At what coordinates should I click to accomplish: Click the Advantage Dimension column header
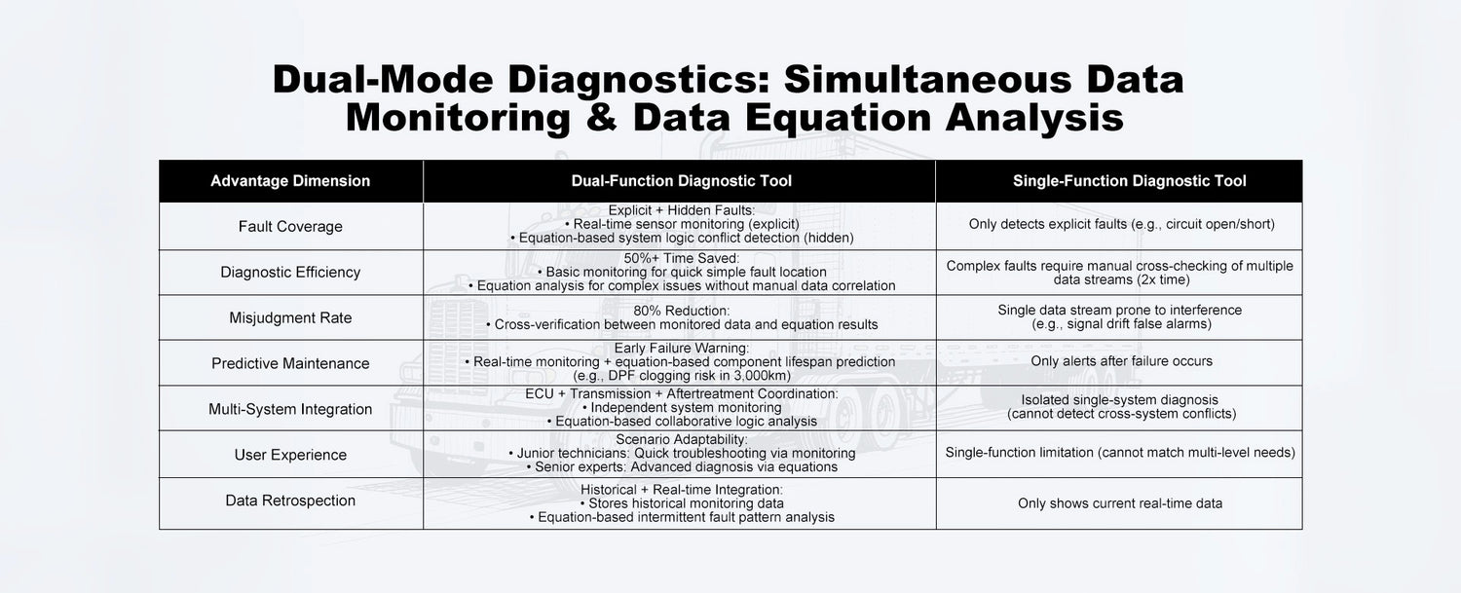coord(290,181)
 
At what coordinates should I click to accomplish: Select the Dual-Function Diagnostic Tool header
coord(681,181)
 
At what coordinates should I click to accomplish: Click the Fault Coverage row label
coord(290,227)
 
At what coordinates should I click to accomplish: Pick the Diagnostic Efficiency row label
coord(290,273)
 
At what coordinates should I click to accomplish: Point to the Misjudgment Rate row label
coord(290,318)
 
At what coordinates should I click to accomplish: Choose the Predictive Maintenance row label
coord(290,363)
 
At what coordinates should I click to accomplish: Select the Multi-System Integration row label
coord(290,409)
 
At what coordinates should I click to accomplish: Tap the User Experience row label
coord(290,455)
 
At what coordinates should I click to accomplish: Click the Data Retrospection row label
coord(290,500)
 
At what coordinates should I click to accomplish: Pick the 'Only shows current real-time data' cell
coord(1120,503)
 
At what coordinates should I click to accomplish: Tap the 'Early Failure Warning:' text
coord(681,348)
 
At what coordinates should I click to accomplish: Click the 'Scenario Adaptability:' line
coord(681,439)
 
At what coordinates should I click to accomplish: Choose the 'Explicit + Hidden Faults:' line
coord(681,210)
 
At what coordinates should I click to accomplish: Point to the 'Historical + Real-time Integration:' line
coord(681,490)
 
